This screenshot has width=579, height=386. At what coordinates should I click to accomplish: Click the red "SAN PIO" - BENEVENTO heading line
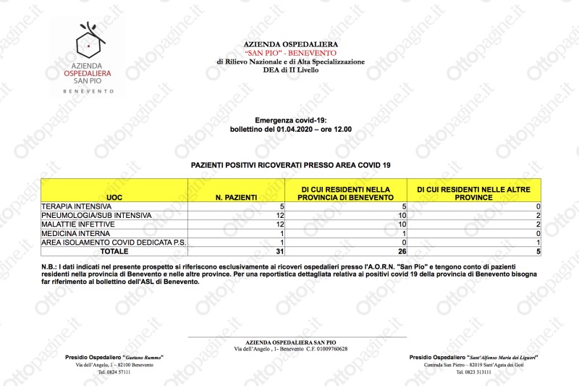290,53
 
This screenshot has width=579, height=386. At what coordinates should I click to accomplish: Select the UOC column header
114,197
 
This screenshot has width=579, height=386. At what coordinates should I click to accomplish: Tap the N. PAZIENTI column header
236,197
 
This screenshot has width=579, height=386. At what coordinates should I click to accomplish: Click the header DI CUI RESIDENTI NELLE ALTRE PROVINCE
473,193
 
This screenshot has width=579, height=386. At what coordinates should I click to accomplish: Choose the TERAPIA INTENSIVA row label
72,207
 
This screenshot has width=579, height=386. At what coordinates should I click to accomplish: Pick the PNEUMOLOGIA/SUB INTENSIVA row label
96,216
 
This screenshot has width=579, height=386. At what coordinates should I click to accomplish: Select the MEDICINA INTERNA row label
71,234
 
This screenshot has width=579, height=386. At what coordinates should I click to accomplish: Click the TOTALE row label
114,251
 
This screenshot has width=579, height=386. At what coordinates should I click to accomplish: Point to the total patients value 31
279,251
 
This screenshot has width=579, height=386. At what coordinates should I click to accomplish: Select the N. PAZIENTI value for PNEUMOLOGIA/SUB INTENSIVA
279,216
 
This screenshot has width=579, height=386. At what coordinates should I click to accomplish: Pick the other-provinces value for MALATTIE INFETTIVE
538,225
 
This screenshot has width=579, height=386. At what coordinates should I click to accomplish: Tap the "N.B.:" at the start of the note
49,268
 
